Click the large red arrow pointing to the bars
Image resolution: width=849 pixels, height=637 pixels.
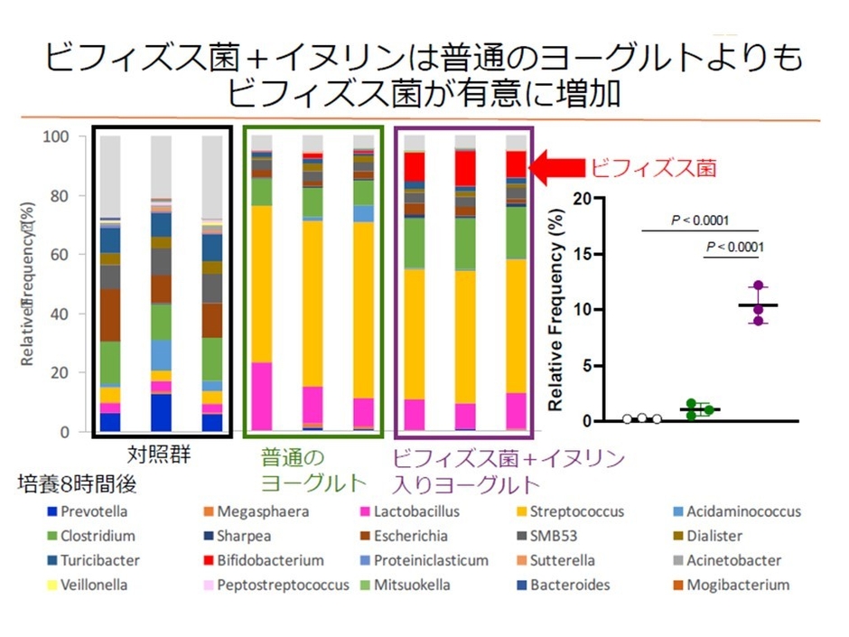pos(555,167)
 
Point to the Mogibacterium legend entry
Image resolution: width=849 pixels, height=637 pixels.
pos(737,585)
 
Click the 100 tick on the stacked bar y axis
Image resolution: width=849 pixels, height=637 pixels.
pos(70,137)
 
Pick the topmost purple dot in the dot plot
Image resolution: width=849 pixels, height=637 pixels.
pos(758,286)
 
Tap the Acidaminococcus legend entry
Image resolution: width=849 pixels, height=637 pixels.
pos(742,511)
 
